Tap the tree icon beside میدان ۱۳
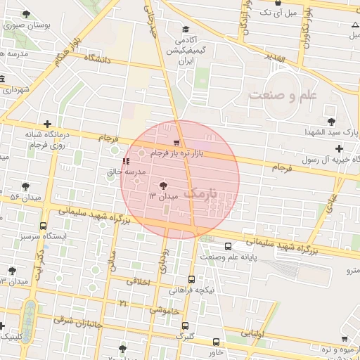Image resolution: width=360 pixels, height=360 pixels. pos(164,186)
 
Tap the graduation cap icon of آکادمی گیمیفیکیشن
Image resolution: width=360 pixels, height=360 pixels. pos(186,30)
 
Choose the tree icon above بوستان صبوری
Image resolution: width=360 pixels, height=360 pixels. pos(27,14)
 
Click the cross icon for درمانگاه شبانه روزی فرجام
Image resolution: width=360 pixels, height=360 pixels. pos(46,124)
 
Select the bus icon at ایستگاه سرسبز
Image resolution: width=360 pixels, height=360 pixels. pos(44,226)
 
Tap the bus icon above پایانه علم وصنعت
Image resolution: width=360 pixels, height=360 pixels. pos(228,246)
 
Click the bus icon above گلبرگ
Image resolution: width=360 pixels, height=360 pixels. pos(184,326)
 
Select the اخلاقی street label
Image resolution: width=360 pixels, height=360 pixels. pos(138,281)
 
